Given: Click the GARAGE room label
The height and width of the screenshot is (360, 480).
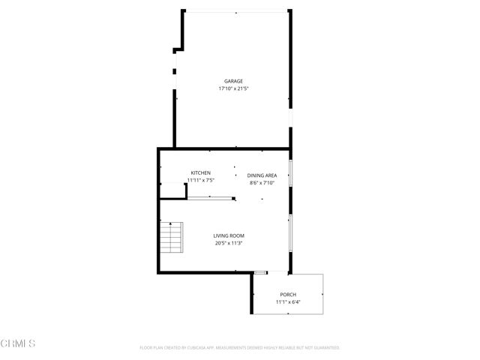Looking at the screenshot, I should [x=233, y=81].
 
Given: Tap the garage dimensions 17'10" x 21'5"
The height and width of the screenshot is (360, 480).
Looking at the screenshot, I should [x=233, y=88].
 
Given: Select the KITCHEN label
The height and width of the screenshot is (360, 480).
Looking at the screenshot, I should [x=201, y=172].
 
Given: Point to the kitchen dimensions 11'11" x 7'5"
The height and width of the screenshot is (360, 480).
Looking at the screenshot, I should [x=201, y=180].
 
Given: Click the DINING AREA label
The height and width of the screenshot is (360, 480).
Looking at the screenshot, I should [x=262, y=175].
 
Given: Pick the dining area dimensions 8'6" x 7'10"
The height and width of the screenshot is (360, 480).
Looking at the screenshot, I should [x=262, y=182].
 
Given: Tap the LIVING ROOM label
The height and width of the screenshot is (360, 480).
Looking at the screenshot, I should [x=227, y=235].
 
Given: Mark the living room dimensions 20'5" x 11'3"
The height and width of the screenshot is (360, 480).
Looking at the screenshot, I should [x=227, y=243].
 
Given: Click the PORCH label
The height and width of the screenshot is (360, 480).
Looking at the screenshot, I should [x=288, y=295].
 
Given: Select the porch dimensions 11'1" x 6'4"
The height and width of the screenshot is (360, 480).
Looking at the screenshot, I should [x=288, y=302].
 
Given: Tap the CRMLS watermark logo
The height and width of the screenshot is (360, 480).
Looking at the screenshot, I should [x=18, y=343].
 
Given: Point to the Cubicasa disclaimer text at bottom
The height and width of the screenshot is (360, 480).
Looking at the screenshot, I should [x=240, y=348].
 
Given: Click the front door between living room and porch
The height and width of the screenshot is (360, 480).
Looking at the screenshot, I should [x=261, y=272].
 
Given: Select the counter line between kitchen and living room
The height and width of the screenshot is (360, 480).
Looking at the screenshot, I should [x=211, y=198].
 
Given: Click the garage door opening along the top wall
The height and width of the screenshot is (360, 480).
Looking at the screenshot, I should [x=235, y=11].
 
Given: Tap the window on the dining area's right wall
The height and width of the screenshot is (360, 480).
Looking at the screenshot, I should [x=290, y=174].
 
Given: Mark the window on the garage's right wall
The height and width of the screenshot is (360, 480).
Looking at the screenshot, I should [x=290, y=120].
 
